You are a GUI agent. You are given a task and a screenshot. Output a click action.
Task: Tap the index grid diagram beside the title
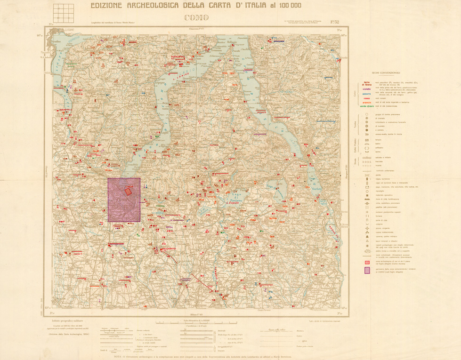(x=64, y=14)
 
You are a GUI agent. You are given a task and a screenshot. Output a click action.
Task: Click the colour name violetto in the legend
(x=366, y=88)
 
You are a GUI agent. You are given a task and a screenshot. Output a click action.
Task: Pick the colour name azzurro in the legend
(x=366, y=94)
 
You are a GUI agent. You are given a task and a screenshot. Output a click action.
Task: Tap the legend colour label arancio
(x=366, y=102)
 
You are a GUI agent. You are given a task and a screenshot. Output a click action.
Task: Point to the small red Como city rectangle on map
(x=128, y=191)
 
